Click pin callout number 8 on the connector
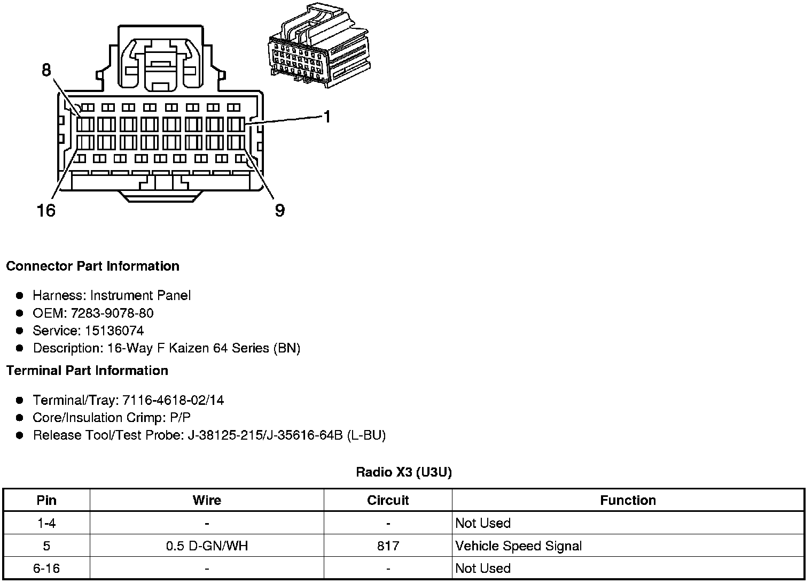[x=46, y=70]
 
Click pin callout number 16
[x=46, y=210]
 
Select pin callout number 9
[x=280, y=210]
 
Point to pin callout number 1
[x=327, y=116]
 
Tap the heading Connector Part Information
[x=92, y=266]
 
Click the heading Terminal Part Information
[x=87, y=371]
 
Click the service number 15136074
[x=114, y=331]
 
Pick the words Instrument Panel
[x=140, y=295]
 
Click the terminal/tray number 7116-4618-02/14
[x=174, y=400]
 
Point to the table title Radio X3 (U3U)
[x=404, y=472]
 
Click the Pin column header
[x=46, y=500]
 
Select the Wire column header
[x=207, y=500]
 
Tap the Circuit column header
[x=388, y=500]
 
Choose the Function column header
[x=628, y=500]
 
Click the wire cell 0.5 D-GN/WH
[x=207, y=546]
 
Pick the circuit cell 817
[x=388, y=546]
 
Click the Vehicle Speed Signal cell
[x=518, y=546]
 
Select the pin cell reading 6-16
[x=46, y=569]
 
